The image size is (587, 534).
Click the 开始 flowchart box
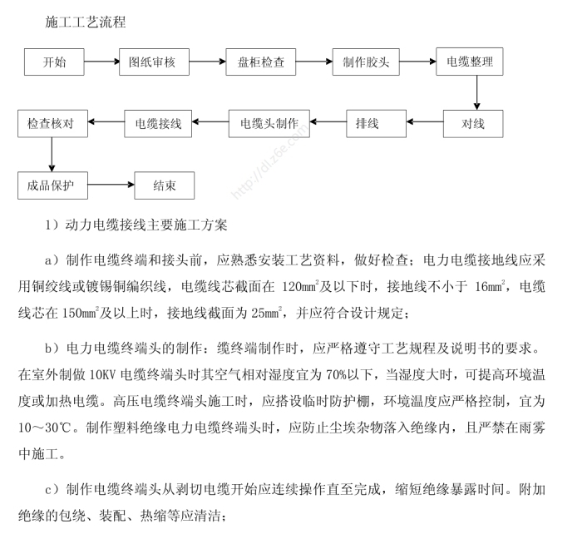(x=54, y=62)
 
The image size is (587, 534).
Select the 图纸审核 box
(x=155, y=62)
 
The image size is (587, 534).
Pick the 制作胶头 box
(x=367, y=62)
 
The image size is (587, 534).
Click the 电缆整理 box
(x=470, y=62)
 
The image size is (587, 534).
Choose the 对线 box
(x=472, y=124)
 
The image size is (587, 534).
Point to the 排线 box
(x=367, y=124)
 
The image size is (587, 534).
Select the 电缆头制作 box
(x=269, y=124)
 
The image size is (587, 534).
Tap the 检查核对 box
(x=52, y=124)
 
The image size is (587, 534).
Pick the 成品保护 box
(x=52, y=185)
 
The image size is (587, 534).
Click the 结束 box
(x=164, y=185)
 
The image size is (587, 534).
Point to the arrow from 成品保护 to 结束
(x=110, y=185)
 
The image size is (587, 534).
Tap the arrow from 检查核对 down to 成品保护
(x=52, y=155)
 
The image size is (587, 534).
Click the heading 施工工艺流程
(x=86, y=22)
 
